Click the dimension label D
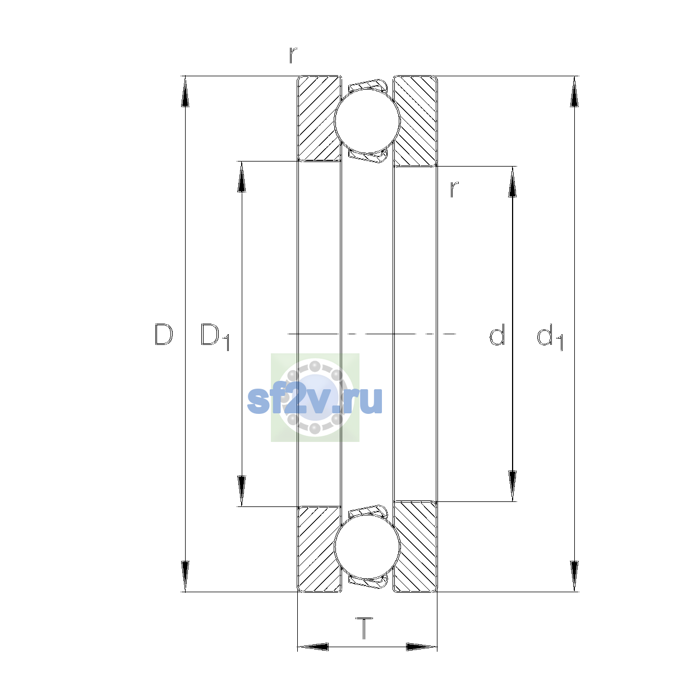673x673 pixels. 163,334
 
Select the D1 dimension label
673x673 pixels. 215,336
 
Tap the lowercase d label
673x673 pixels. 497,334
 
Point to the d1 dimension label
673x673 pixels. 550,336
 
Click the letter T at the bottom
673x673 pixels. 365,628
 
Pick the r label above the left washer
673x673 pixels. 293,55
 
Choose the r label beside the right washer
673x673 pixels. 454,190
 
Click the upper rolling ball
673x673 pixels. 367,121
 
